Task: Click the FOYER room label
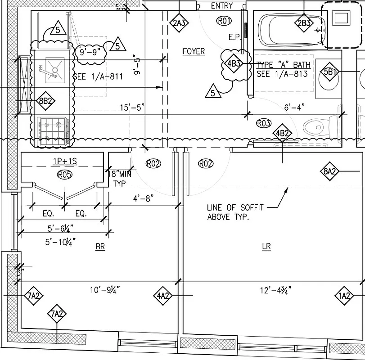pos(194,51)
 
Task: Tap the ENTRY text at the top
pos(221,6)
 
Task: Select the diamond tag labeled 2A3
pos(179,23)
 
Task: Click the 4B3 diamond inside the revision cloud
pos(234,64)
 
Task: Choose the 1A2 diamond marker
pos(344,296)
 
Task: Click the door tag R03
pos(263,123)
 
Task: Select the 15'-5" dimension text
pos(132,107)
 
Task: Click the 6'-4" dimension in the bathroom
pos(294,107)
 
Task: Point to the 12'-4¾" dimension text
pos(273,290)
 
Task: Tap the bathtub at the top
pos(288,30)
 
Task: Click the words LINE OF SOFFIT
pos(235,207)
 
